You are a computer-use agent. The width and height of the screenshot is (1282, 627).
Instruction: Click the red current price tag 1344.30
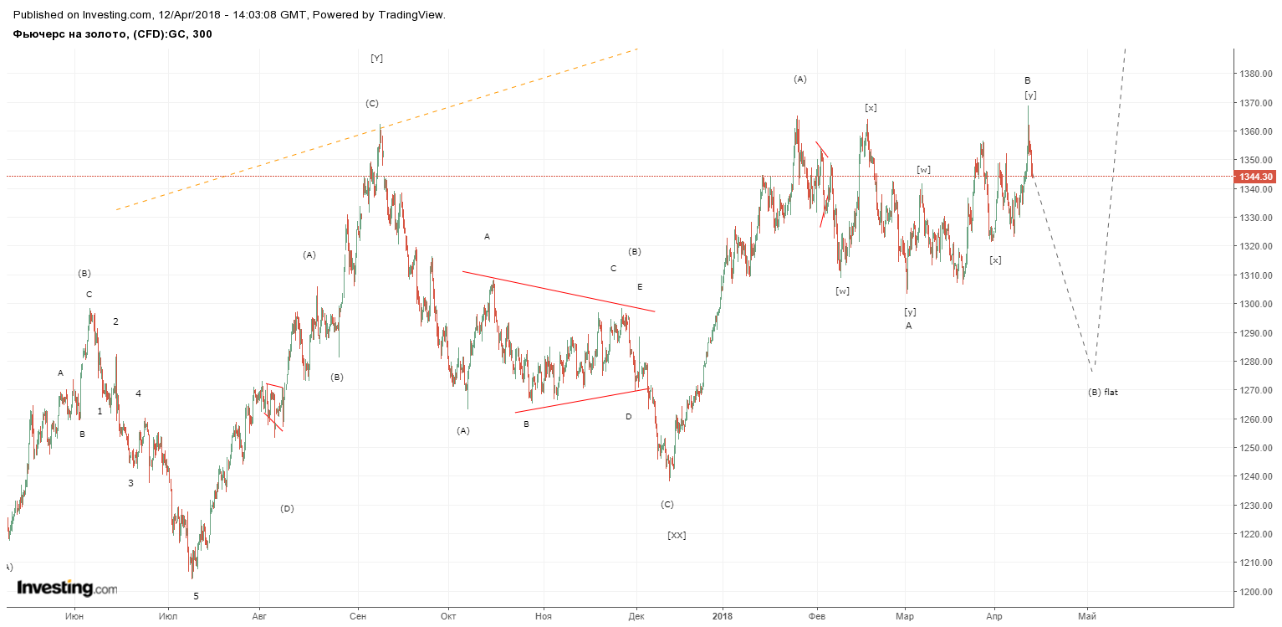[1256, 177]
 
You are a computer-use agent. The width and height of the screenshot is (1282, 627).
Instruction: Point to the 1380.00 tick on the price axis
[1256, 74]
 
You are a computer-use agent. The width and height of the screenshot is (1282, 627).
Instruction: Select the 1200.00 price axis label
[1256, 592]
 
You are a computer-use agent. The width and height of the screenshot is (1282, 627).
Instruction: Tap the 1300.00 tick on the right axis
[1256, 305]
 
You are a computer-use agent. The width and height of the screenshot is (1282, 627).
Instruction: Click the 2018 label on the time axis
[723, 617]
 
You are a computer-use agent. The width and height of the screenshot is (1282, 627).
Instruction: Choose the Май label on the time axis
[1087, 617]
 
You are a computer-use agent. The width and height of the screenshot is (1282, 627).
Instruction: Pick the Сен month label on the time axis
[358, 617]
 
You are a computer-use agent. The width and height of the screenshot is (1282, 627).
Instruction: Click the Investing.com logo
[67, 588]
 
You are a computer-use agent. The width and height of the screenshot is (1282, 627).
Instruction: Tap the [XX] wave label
[677, 535]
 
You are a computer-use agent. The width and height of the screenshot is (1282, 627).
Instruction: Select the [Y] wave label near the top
[376, 58]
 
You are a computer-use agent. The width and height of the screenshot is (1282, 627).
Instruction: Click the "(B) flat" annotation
[1103, 393]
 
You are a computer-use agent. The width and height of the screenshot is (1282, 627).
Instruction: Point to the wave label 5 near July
[196, 597]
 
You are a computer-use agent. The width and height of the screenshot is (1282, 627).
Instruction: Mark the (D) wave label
[287, 509]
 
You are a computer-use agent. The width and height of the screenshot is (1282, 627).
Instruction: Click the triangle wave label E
[640, 287]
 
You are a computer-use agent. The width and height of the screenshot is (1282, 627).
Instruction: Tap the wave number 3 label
[130, 484]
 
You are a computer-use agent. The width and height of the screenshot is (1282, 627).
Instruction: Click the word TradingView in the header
[411, 15]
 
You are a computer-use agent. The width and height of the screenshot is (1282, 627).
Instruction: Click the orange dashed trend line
[376, 130]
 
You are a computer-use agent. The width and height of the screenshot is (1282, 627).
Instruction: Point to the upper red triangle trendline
[559, 291]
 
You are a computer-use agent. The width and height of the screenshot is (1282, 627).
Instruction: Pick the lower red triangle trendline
[582, 401]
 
